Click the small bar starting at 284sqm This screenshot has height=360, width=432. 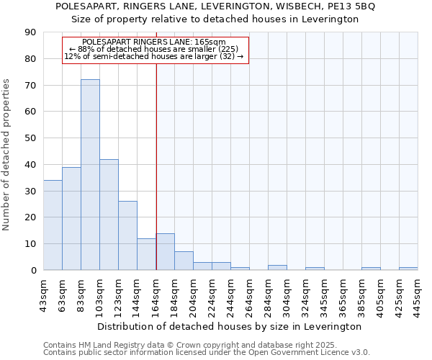point(277,267)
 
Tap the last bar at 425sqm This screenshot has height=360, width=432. point(408,269)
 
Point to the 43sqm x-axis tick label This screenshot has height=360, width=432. point(43,296)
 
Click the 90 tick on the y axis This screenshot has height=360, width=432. point(30,32)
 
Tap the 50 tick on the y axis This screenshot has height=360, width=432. point(30,138)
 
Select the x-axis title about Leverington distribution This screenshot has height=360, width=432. point(230,326)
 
